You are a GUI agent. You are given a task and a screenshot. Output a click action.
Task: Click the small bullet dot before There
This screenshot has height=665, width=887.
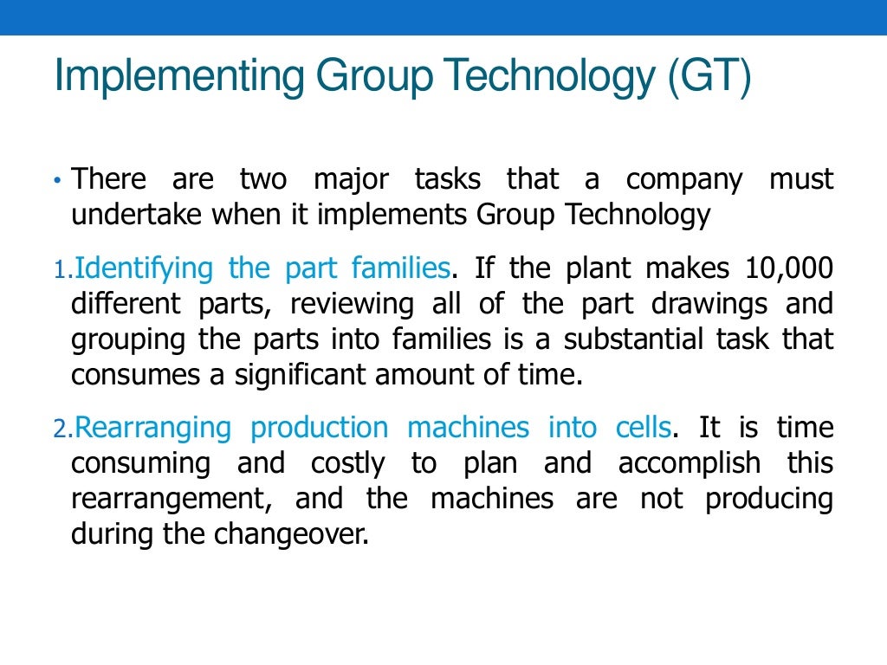(57, 182)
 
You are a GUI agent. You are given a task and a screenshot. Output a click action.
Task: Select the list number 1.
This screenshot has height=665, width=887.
(60, 270)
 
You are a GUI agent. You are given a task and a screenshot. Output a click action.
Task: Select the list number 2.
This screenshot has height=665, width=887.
(60, 429)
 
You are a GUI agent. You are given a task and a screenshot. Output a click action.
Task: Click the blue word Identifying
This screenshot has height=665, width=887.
(144, 269)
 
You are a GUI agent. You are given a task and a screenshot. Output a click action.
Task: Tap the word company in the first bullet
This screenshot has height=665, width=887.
(684, 180)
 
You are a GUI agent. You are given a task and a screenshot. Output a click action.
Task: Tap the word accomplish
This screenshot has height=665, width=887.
(690, 463)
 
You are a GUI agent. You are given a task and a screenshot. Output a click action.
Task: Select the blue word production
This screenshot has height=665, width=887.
(320, 428)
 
